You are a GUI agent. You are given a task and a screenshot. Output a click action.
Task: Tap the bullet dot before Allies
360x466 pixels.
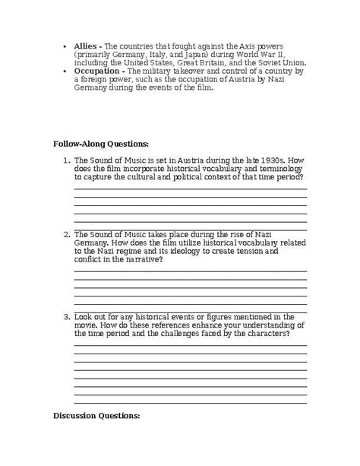point(65,45)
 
